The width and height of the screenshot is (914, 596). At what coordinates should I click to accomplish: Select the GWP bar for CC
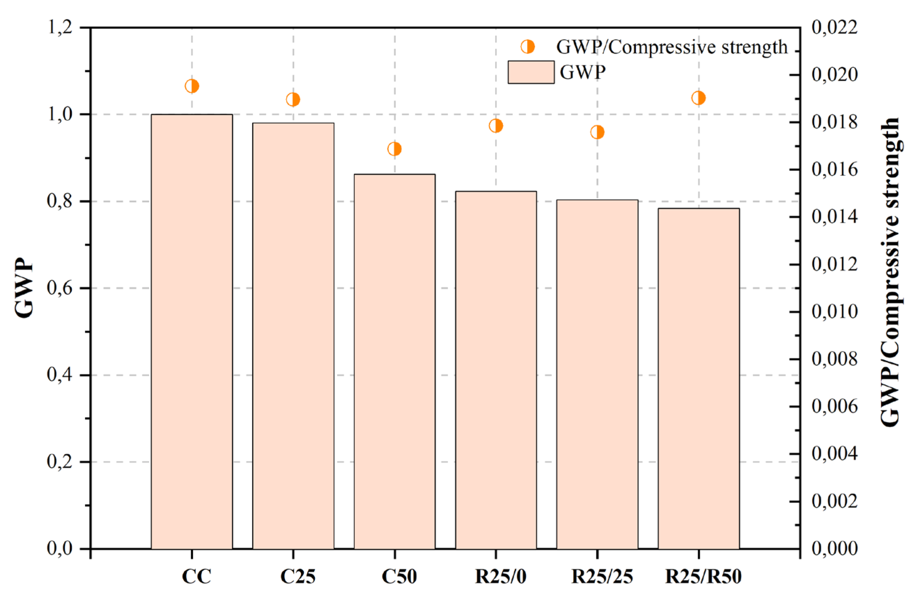[x=192, y=331]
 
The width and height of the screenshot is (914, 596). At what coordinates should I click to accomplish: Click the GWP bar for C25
[x=293, y=336]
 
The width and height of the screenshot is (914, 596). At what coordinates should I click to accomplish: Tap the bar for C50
[x=394, y=361]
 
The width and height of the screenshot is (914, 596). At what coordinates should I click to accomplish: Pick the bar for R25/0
[x=496, y=370]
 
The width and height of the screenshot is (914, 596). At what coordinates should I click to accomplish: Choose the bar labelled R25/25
[x=597, y=374]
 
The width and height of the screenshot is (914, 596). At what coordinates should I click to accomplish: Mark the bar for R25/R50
[x=698, y=378]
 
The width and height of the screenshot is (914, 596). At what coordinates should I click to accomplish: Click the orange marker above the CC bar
[x=192, y=86]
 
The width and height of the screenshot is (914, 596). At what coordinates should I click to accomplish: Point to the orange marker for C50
[x=394, y=149]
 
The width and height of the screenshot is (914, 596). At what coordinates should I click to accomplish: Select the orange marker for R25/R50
[x=698, y=98]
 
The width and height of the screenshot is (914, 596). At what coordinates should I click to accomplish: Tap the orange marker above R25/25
[x=597, y=132]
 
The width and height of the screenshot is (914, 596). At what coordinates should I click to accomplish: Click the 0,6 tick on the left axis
[x=60, y=288]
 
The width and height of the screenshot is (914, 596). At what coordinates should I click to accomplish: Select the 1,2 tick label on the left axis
[x=60, y=28]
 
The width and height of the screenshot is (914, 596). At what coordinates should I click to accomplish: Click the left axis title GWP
[x=24, y=288]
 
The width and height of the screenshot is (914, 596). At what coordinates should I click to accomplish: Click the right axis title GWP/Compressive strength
[x=890, y=273]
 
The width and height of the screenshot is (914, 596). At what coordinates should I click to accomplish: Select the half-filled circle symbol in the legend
[x=528, y=47]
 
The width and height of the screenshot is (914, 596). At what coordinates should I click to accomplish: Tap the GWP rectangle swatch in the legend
[x=531, y=72]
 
